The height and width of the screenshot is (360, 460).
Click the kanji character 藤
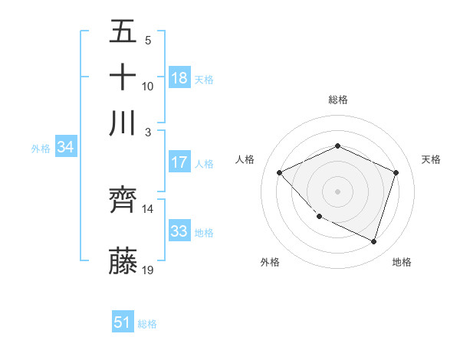(x=123, y=261)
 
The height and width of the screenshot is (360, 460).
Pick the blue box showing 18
(x=179, y=77)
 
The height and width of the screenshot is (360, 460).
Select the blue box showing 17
(x=179, y=162)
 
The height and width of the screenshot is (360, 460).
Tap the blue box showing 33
(x=179, y=231)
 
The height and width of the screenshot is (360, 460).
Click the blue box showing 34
(x=65, y=147)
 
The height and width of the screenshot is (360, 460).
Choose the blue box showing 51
(x=123, y=322)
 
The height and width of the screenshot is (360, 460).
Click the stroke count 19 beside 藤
(x=148, y=270)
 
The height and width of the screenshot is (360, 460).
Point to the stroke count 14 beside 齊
(x=148, y=208)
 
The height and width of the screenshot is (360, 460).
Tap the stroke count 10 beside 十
(x=148, y=86)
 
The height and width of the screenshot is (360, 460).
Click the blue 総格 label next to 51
(x=147, y=324)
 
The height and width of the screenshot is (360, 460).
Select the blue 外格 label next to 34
(x=41, y=149)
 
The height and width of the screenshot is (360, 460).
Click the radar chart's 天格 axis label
(x=431, y=159)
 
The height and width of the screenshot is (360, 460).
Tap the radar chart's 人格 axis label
(x=245, y=159)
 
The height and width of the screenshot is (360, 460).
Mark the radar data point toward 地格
(x=374, y=241)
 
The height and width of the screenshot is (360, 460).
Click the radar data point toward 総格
(x=337, y=146)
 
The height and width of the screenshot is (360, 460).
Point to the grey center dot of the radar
(x=337, y=191)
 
